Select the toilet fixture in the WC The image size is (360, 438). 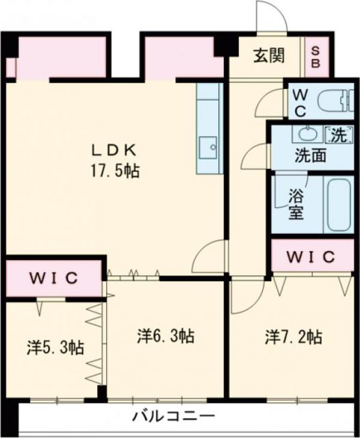(x=335, y=101)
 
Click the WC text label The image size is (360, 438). (x=299, y=101)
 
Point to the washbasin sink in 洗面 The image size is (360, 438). (x=305, y=133)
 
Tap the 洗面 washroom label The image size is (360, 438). (x=310, y=155)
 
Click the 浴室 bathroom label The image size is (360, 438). (x=295, y=203)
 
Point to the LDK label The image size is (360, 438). (x=116, y=150)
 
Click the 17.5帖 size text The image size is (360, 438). (x=116, y=170)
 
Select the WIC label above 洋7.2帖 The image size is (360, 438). (x=310, y=257)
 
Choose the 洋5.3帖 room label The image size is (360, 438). (x=55, y=347)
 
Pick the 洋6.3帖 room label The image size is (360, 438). (x=165, y=336)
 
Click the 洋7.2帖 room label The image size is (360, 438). (x=294, y=336)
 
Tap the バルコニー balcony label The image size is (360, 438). (x=174, y=416)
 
